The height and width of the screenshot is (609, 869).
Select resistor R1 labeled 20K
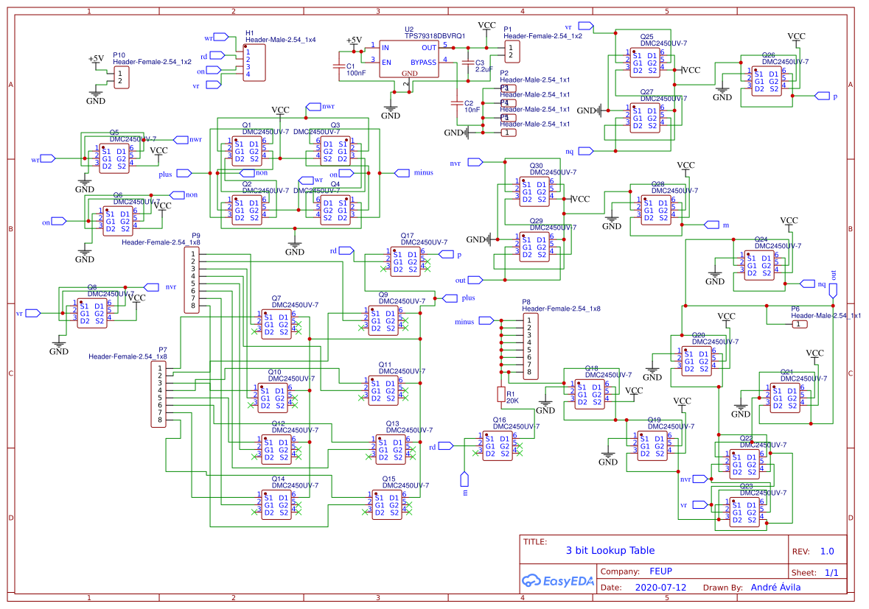click(x=501, y=396)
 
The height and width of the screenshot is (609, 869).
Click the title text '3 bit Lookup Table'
click(x=610, y=550)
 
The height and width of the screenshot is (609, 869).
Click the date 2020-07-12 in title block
click(x=660, y=588)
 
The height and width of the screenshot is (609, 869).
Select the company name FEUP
click(x=660, y=571)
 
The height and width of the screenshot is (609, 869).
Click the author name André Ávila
click(x=775, y=588)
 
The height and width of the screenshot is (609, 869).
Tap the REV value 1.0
click(x=827, y=551)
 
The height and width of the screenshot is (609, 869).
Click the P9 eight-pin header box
click(x=192, y=280)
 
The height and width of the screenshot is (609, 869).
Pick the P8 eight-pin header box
click(x=528, y=346)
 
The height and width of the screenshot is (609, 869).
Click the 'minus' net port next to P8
click(x=486, y=321)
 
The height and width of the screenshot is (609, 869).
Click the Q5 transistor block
click(x=114, y=158)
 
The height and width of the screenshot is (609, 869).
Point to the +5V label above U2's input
click(x=354, y=40)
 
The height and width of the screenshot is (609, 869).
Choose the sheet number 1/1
click(x=831, y=572)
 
